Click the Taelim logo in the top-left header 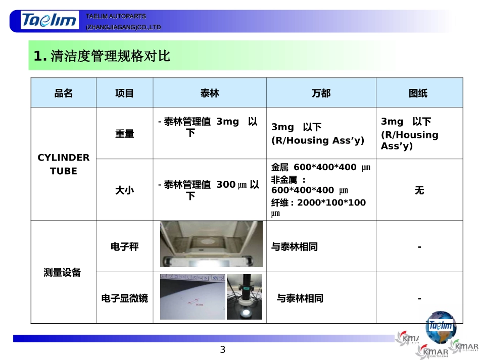[50, 21]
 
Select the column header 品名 [64, 93]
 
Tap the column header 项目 [124, 93]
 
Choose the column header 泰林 [210, 93]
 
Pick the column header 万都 [321, 93]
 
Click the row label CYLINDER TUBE [64, 164]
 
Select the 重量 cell [124, 134]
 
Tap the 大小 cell [124, 190]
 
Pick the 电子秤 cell [124, 247]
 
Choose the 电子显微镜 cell [124, 298]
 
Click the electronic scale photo [211, 244]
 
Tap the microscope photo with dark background [245, 297]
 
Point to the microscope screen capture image [193, 297]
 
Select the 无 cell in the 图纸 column [419, 190]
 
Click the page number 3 [222, 350]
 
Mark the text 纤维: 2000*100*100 [318, 203]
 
